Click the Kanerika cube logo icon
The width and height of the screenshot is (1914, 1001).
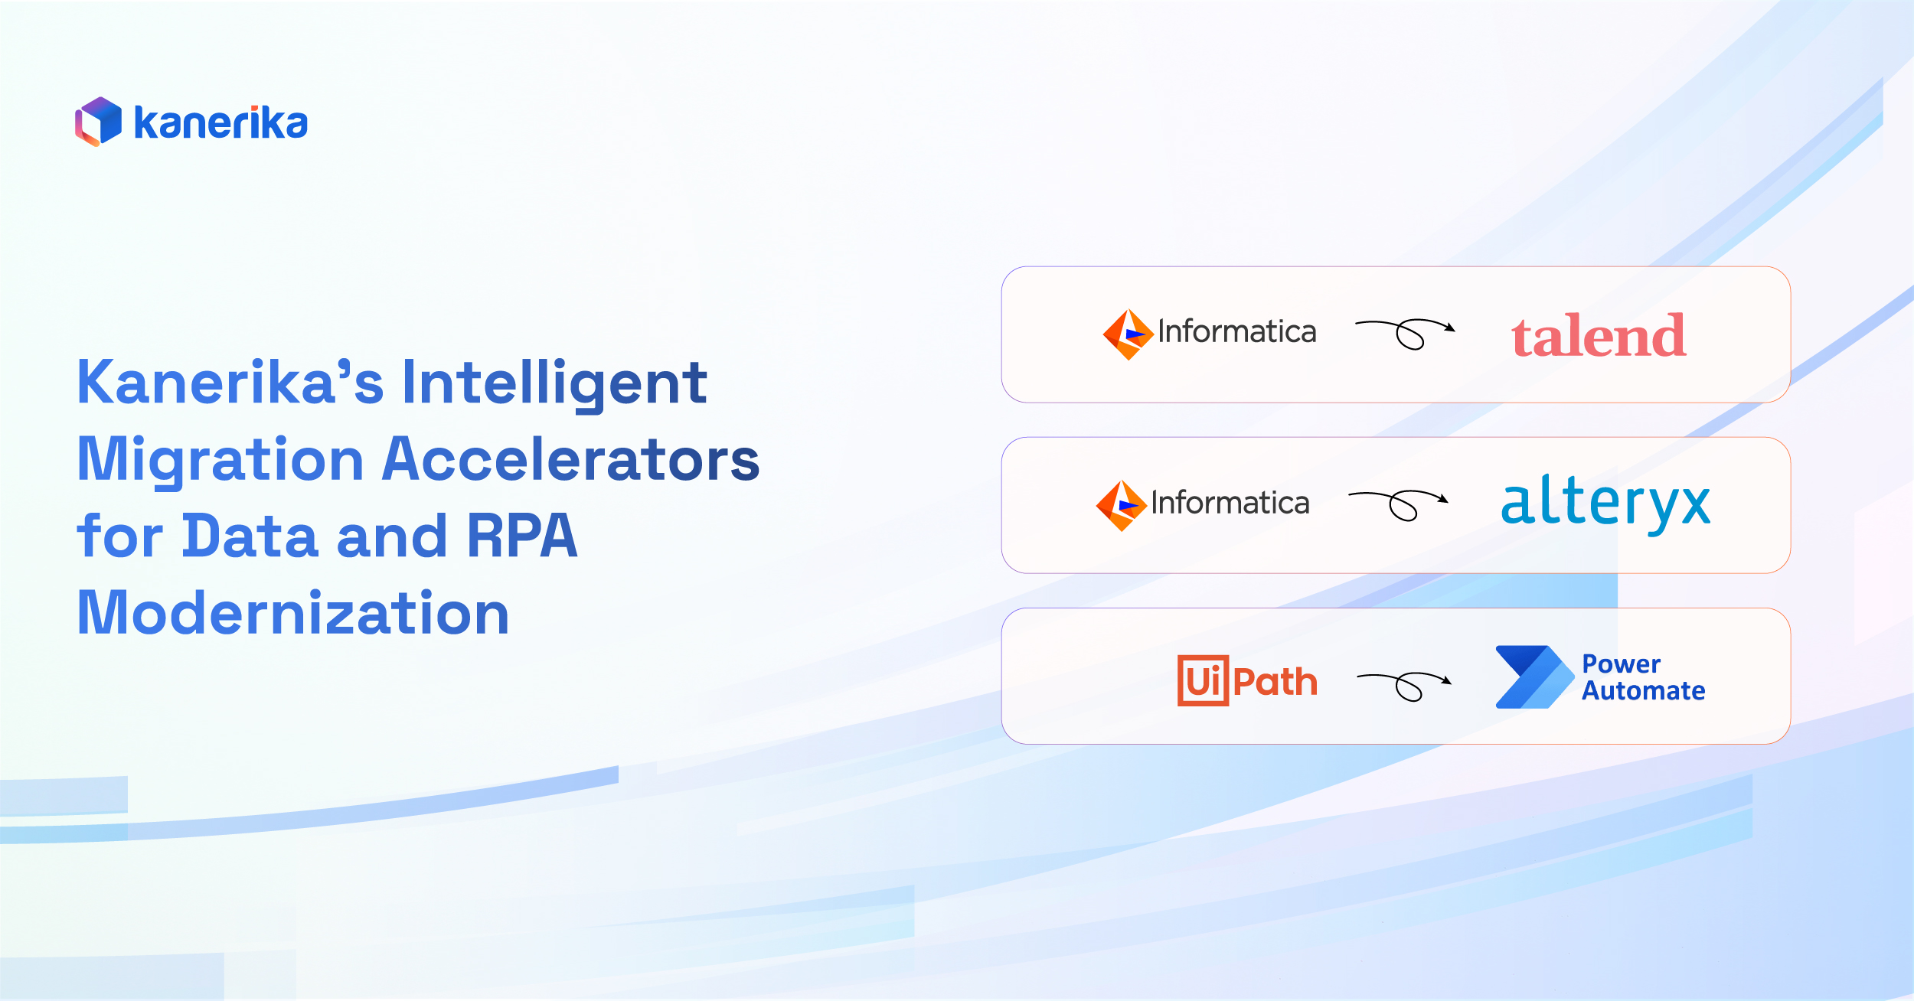pos(98,122)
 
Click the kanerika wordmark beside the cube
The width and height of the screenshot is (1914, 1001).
pos(220,123)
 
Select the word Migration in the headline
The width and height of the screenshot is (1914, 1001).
pos(220,459)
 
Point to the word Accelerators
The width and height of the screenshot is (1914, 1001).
pos(570,459)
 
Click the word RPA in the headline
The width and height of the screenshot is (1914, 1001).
pos(522,536)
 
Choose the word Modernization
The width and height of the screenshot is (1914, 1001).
pos(293,613)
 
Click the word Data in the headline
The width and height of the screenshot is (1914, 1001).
pos(250,536)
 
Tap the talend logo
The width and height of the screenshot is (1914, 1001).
pos(1599,335)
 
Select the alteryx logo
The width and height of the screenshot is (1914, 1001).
pos(1605,504)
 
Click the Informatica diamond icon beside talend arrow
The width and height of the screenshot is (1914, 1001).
pos(1128,334)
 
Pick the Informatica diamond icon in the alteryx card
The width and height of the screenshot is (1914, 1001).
pos(1121,506)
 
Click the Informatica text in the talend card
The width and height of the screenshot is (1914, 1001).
pos(1237,332)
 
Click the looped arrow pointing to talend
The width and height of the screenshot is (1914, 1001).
pos(1406,334)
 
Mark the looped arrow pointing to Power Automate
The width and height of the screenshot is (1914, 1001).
pos(1404,685)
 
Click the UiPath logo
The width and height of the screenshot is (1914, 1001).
pos(1247,680)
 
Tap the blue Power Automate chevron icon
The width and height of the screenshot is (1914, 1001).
pos(1534,677)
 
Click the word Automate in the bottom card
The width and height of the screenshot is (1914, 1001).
pos(1644,691)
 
